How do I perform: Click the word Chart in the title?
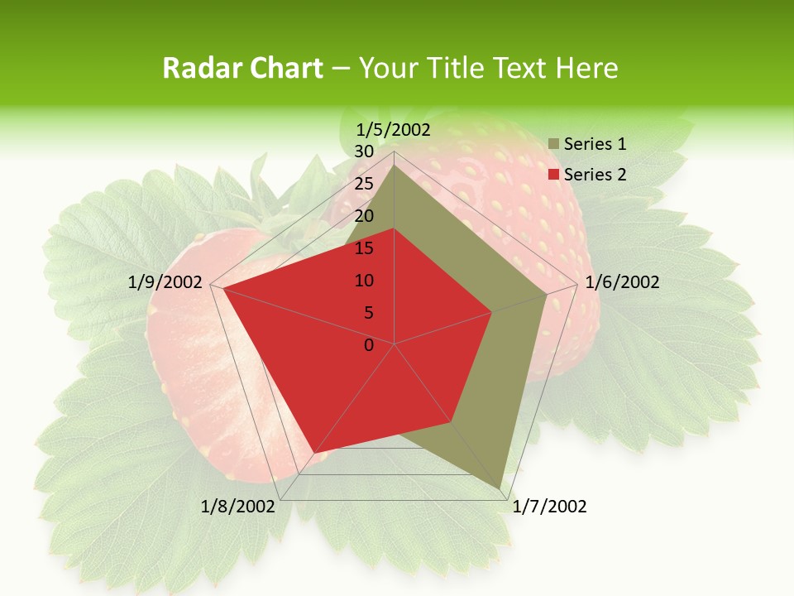pyautogui.click(x=282, y=69)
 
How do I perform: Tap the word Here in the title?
pyautogui.click(x=586, y=69)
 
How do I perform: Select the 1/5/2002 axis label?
pyautogui.click(x=394, y=129)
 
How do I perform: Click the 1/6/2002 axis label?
pyautogui.click(x=622, y=282)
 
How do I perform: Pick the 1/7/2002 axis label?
pyautogui.click(x=549, y=507)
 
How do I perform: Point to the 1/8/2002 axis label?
pyautogui.click(x=238, y=507)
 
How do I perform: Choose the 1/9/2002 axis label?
pyautogui.click(x=165, y=282)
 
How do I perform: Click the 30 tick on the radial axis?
pyautogui.click(x=364, y=151)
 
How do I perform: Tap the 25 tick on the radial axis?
pyautogui.click(x=364, y=184)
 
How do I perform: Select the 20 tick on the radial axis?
pyautogui.click(x=364, y=216)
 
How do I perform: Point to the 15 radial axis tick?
pyautogui.click(x=364, y=248)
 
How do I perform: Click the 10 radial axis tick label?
pyautogui.click(x=364, y=281)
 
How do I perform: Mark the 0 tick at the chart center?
pyautogui.click(x=369, y=345)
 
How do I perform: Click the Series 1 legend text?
pyautogui.click(x=595, y=144)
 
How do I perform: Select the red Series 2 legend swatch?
pyautogui.click(x=554, y=175)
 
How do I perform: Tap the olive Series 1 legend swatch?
pyautogui.click(x=554, y=144)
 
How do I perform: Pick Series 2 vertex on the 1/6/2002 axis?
pyautogui.click(x=492, y=312)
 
